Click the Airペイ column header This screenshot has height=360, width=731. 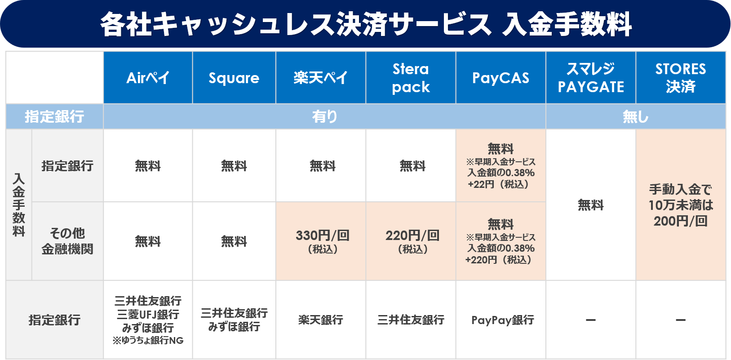[x=148, y=78]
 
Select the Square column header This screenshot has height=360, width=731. [x=234, y=78]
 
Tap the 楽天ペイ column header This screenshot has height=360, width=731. [x=320, y=78]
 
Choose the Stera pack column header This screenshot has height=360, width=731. [x=411, y=78]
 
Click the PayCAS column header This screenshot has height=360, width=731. [x=501, y=78]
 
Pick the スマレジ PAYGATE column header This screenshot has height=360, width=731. [x=591, y=78]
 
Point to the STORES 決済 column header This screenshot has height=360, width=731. [x=680, y=78]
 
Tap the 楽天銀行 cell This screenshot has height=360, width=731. [x=320, y=320]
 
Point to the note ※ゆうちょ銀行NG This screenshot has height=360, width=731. [x=148, y=341]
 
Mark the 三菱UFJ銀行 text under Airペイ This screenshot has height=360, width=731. [x=148, y=314]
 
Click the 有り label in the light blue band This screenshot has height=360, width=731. [x=324, y=116]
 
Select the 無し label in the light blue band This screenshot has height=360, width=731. [x=635, y=116]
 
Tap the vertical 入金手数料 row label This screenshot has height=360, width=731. [x=19, y=204]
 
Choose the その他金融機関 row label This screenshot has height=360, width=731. [x=67, y=241]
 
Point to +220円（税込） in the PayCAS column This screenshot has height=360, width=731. [x=499, y=260]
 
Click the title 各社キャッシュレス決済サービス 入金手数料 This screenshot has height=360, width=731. [x=366, y=24]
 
